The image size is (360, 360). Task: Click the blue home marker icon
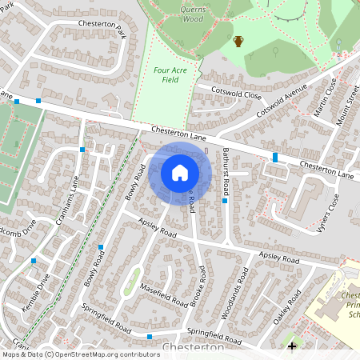(180, 172)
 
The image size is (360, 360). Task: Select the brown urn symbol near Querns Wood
(238, 41)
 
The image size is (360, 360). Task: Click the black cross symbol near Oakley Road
(292, 346)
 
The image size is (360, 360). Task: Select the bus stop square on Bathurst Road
(225, 201)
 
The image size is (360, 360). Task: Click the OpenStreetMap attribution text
(80, 354)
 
